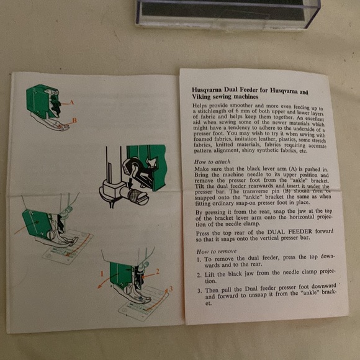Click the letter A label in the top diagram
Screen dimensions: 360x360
coord(72,102)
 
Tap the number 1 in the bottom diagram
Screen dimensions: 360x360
coord(101,273)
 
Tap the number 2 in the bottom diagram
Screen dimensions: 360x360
coord(158,271)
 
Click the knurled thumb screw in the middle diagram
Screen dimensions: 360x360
coord(138,198)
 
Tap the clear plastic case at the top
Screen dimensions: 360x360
coord(227,12)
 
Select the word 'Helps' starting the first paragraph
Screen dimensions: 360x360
coord(200,106)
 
